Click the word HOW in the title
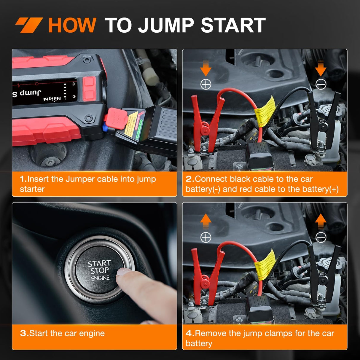click(72, 25)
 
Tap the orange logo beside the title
click(29, 25)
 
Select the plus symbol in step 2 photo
click(206, 85)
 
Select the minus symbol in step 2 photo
click(321, 85)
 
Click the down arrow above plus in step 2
click(206, 68)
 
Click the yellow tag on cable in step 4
click(265, 264)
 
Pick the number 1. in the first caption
click(23, 179)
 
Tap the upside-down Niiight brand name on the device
click(52, 99)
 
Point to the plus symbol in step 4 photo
click(206, 238)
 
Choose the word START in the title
click(233, 25)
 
